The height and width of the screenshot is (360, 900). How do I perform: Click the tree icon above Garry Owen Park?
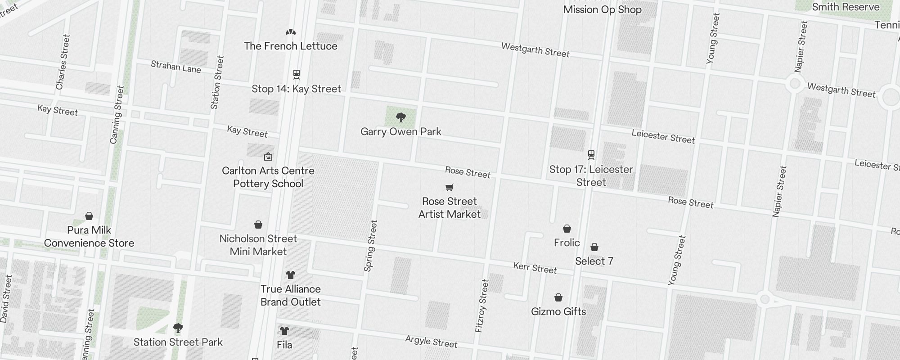pyautogui.click(x=401, y=118)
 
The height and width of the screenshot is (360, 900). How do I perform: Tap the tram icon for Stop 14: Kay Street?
pyautogui.click(x=296, y=74)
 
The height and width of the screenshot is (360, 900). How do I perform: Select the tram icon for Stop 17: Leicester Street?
pyautogui.click(x=591, y=155)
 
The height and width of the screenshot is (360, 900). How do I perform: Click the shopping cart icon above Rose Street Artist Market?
pyautogui.click(x=449, y=187)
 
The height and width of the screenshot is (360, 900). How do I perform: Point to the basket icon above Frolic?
pyautogui.click(x=567, y=229)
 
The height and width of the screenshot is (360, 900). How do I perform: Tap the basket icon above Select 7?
pyautogui.click(x=594, y=247)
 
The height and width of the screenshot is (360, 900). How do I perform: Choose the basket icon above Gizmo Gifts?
pyautogui.click(x=558, y=297)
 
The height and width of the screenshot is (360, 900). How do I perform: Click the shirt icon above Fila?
pyautogui.click(x=284, y=331)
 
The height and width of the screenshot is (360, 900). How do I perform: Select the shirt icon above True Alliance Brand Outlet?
pyautogui.click(x=291, y=274)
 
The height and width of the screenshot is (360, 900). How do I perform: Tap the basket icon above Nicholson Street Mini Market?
pyautogui.click(x=258, y=225)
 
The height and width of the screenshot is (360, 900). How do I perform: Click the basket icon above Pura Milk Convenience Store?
pyautogui.click(x=89, y=216)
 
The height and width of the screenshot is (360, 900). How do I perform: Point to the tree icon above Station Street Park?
pyautogui.click(x=178, y=328)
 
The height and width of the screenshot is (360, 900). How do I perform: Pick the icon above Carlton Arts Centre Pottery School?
pyautogui.click(x=268, y=157)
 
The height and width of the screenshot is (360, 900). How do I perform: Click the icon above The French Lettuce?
pyautogui.click(x=291, y=32)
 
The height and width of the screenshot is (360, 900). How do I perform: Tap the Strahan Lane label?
pyautogui.click(x=175, y=67)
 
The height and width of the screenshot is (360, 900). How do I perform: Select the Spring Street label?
pyautogui.click(x=370, y=246)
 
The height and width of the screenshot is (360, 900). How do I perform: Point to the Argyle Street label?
pyautogui.click(x=431, y=342)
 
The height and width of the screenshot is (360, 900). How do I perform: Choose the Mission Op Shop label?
pyautogui.click(x=602, y=9)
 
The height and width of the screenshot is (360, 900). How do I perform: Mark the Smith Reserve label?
pyautogui.click(x=846, y=7)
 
